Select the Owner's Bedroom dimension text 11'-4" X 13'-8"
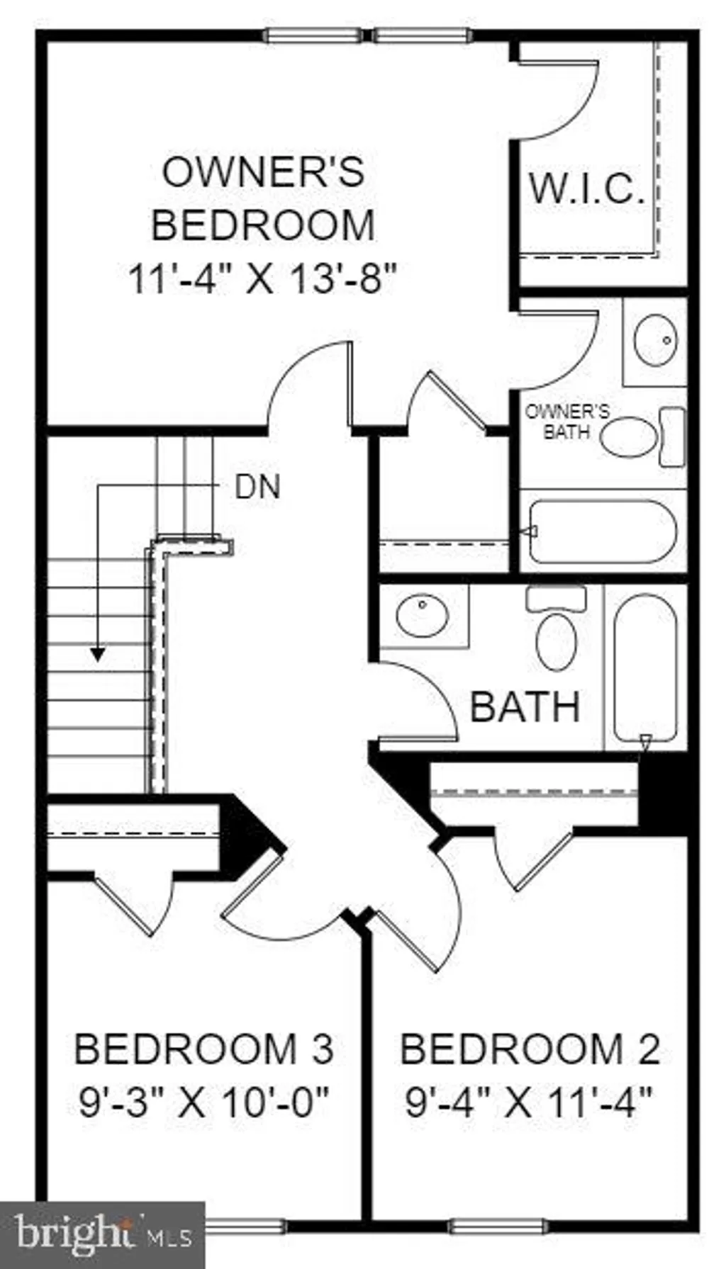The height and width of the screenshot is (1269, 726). click(x=262, y=278)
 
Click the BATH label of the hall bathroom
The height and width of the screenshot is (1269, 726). click(x=525, y=706)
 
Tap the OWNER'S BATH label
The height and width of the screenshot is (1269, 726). click(x=567, y=421)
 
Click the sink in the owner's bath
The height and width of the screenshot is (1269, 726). click(x=654, y=341)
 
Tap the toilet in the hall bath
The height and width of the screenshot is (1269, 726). click(x=557, y=631)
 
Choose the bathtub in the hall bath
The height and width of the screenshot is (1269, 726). click(x=644, y=666)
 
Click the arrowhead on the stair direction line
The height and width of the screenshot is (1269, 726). click(x=98, y=653)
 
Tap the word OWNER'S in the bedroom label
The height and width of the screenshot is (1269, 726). click(x=263, y=171)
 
